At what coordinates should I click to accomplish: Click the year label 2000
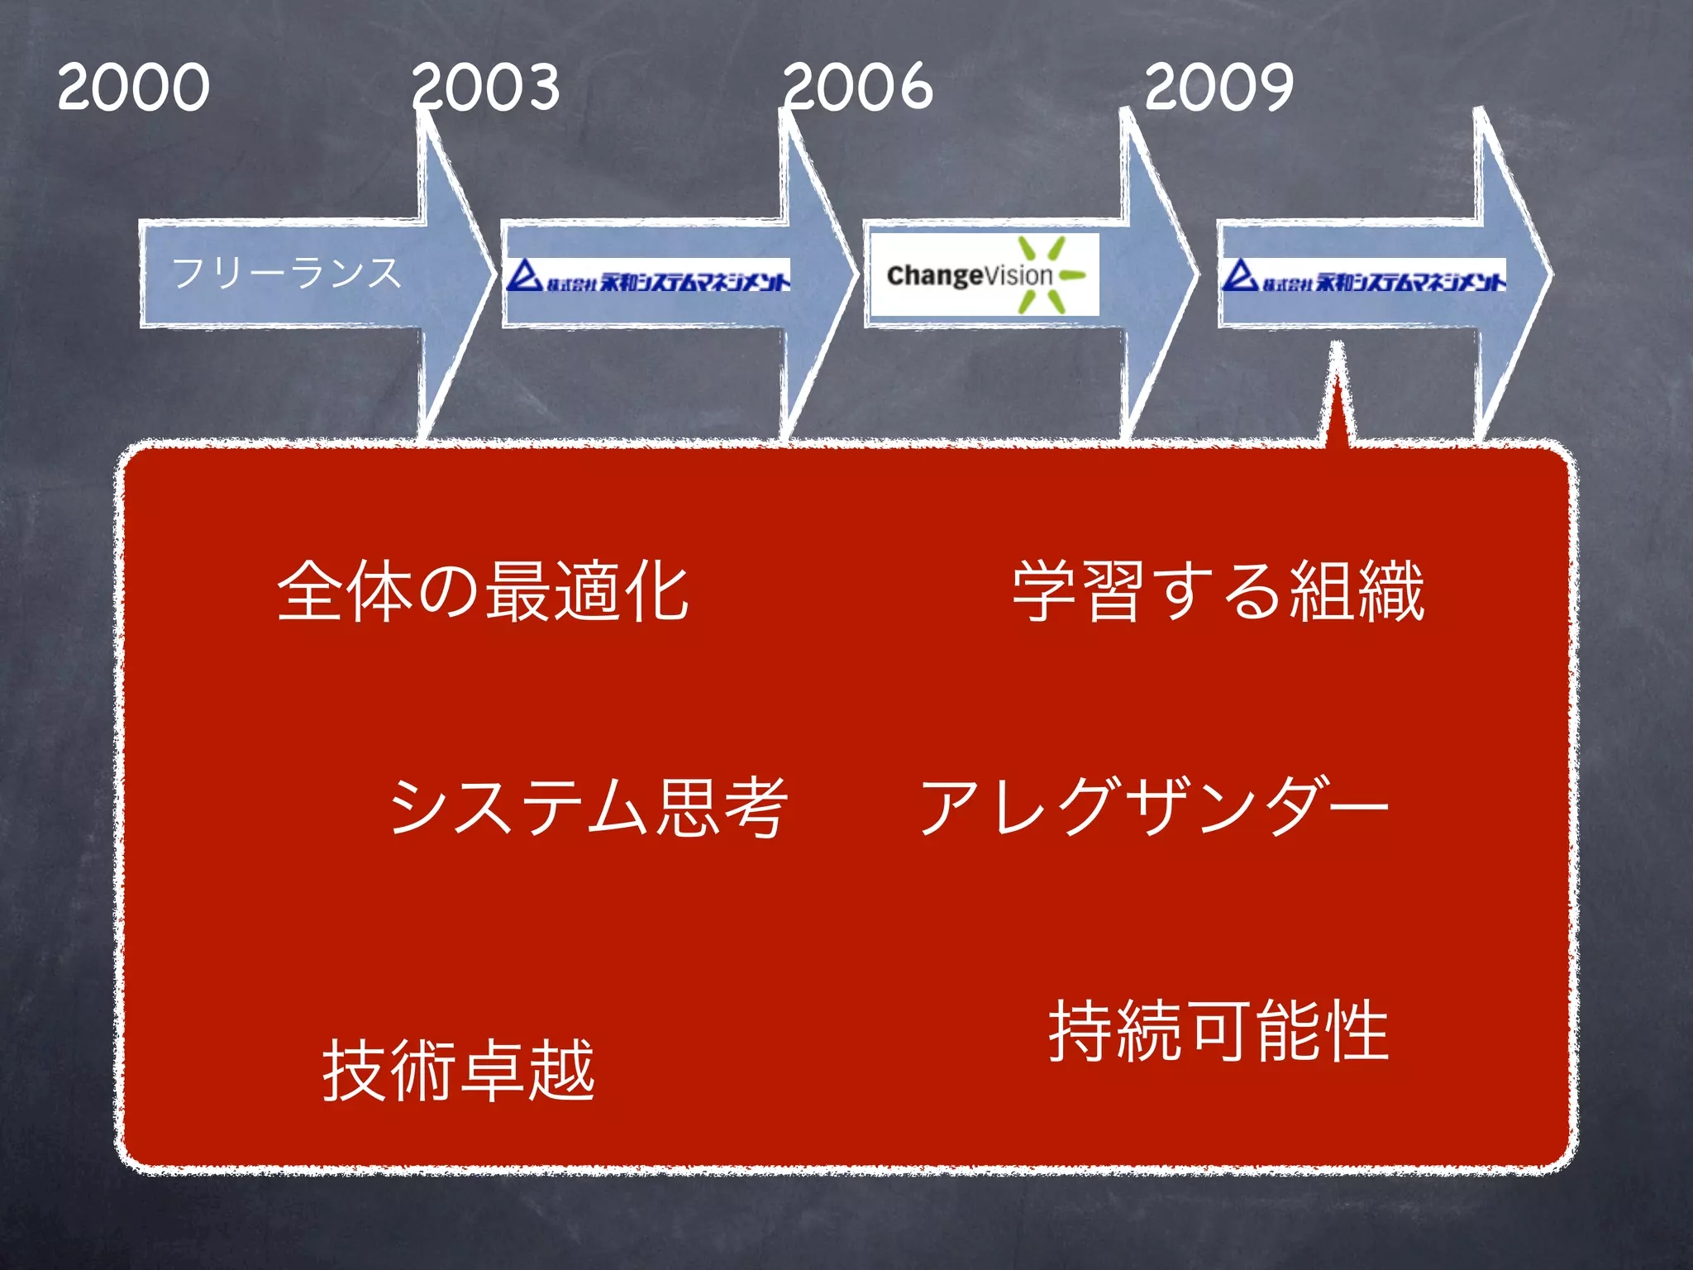(134, 87)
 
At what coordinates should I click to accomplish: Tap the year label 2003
(486, 87)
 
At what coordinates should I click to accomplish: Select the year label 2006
(858, 87)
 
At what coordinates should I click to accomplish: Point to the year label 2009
(1219, 87)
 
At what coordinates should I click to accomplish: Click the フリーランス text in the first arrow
(286, 273)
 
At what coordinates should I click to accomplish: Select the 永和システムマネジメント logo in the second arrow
(649, 276)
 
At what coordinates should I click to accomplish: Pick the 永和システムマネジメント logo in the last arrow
(1364, 276)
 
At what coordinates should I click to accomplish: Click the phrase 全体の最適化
(484, 590)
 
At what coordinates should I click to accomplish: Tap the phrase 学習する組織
(1218, 590)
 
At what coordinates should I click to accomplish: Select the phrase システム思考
(588, 807)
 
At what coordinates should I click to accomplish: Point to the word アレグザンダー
(1154, 807)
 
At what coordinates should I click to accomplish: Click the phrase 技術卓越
(459, 1070)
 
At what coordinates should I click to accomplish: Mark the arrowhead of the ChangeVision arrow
(1157, 273)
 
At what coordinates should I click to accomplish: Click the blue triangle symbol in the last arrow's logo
(1239, 275)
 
